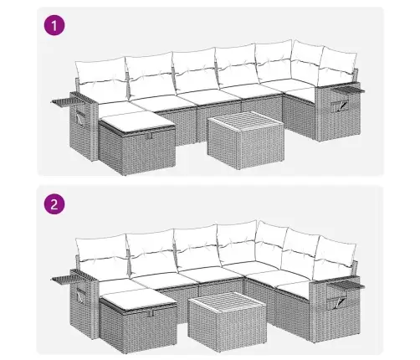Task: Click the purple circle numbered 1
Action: point(54,26)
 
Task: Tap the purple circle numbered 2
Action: point(54,204)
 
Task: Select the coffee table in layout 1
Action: point(246,140)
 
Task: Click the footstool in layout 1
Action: point(137,143)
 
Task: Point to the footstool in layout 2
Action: point(139,321)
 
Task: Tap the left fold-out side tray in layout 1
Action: point(67,101)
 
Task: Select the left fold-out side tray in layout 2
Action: point(66,279)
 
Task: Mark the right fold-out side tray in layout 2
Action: point(346,285)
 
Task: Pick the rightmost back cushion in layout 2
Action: point(337,255)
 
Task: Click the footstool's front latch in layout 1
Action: point(149,136)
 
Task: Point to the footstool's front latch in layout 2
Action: point(151,313)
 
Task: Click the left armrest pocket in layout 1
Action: point(79,119)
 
